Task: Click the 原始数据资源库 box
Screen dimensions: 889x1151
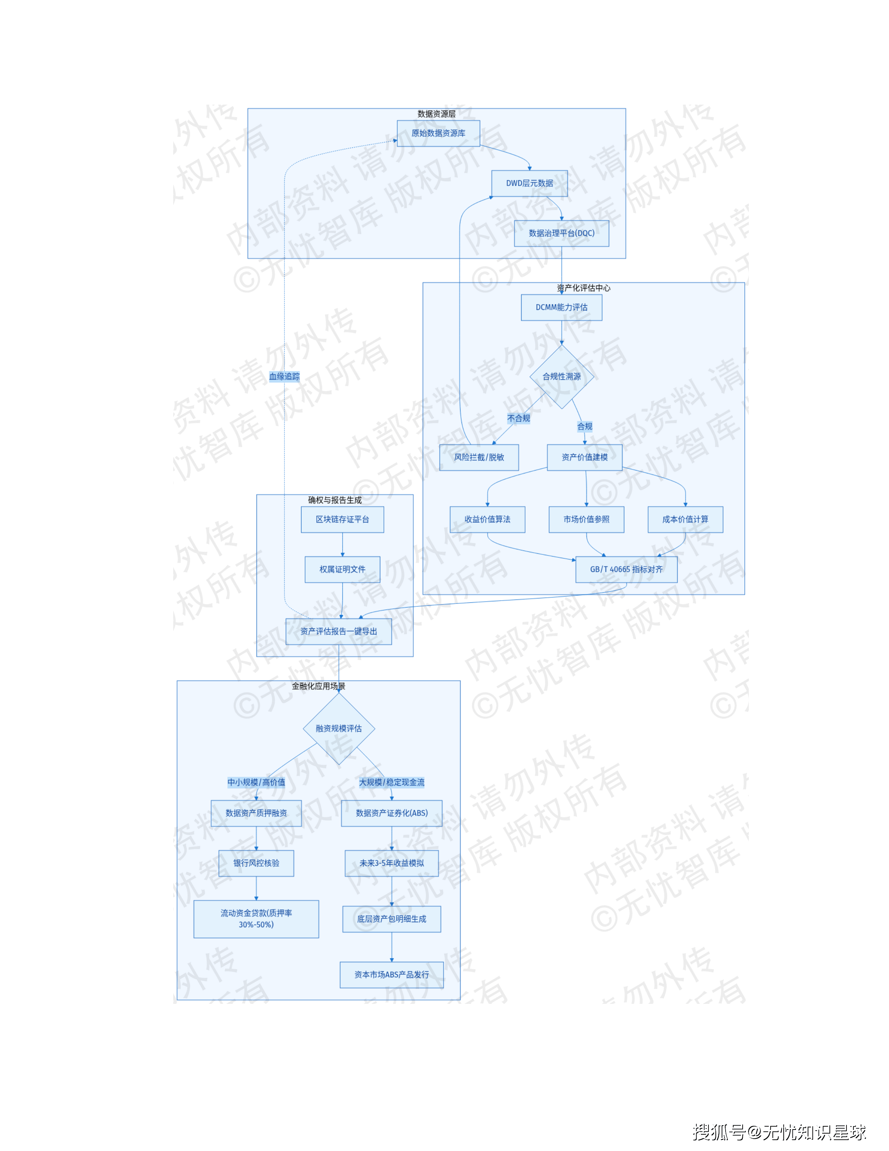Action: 438,133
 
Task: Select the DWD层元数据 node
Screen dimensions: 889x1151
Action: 529,183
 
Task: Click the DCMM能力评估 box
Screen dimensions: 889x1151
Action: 561,307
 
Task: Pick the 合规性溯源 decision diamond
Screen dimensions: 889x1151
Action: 561,376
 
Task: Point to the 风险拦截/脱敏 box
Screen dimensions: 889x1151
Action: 479,457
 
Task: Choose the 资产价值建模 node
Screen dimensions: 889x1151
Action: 585,457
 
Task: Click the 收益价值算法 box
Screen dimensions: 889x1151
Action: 487,520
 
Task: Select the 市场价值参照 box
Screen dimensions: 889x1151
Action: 586,520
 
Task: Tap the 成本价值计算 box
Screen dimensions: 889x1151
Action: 685,520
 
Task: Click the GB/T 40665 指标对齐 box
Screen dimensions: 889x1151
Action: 626,570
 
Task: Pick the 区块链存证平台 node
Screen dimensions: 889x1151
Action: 342,520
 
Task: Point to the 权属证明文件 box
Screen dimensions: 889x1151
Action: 342,570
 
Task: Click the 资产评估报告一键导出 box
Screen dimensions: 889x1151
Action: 339,631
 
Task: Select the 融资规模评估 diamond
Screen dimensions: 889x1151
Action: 339,728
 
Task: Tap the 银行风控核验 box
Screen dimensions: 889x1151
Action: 256,863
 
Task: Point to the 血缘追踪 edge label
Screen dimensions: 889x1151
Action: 284,376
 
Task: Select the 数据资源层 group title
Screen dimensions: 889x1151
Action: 436,114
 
